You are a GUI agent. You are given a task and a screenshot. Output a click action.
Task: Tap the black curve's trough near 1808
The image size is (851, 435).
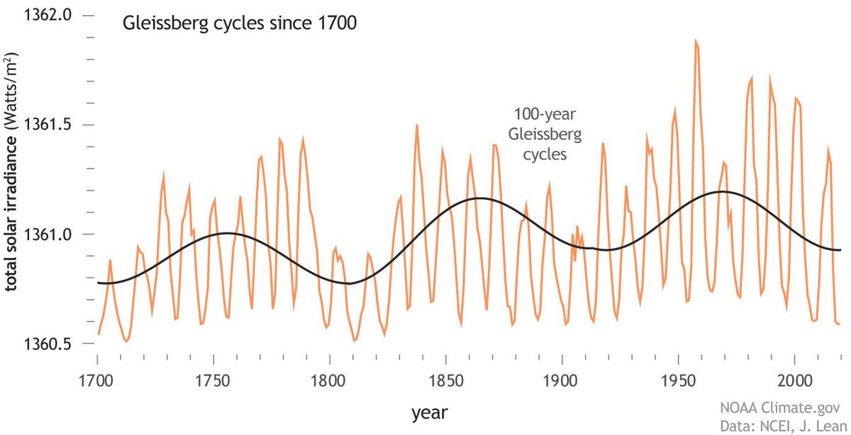[348, 283]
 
